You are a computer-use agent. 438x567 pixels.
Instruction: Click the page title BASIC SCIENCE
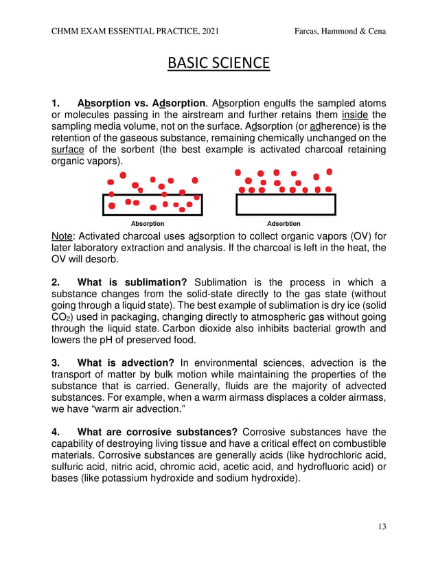pyautogui.click(x=219, y=64)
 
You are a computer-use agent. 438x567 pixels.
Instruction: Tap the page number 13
pyautogui.click(x=382, y=526)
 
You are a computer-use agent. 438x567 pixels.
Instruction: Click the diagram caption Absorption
pyautogui.click(x=148, y=224)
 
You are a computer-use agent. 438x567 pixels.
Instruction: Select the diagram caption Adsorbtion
pyautogui.click(x=284, y=224)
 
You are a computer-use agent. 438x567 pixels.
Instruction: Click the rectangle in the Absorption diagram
pyautogui.click(x=152, y=205)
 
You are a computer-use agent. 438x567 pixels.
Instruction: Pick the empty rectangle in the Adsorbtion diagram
pyautogui.click(x=286, y=205)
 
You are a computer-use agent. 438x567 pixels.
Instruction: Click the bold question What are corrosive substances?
pyautogui.click(x=158, y=432)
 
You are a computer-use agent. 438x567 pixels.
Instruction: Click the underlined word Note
pyautogui.click(x=63, y=236)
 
